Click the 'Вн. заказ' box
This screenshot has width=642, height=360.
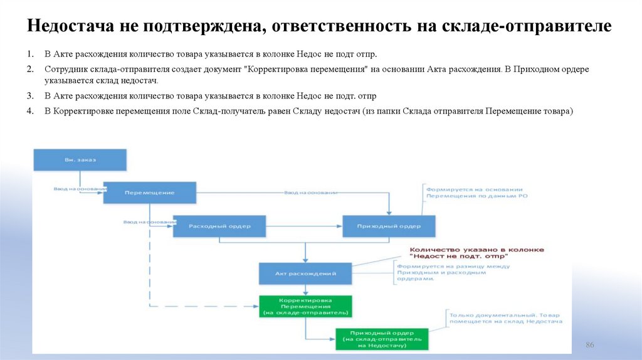click(x=80, y=159)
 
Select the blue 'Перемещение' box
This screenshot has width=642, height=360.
click(x=149, y=193)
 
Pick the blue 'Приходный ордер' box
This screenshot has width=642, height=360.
click(x=389, y=226)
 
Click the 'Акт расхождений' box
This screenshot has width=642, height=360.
click(x=305, y=273)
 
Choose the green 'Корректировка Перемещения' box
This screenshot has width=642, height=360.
click(x=305, y=306)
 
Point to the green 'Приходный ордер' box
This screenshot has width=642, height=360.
click(x=382, y=339)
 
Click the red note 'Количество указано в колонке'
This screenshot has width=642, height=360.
click(x=476, y=250)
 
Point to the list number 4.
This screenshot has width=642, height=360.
click(x=29, y=110)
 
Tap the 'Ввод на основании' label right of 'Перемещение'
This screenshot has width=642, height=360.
click(x=311, y=193)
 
